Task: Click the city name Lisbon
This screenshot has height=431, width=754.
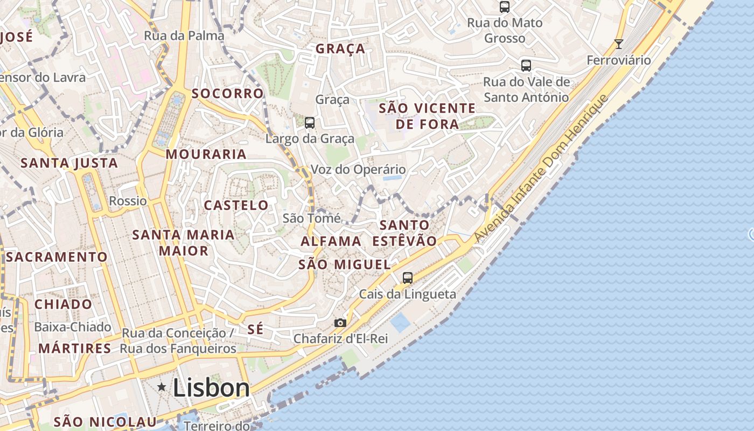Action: tap(211, 388)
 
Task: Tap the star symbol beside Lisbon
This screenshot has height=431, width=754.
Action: tap(162, 387)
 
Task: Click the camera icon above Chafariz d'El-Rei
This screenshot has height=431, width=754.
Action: tap(340, 323)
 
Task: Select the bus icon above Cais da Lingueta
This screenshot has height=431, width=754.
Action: tap(408, 278)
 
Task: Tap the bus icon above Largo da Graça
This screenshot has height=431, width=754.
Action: tap(310, 122)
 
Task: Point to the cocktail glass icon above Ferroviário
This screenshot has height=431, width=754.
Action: tap(619, 44)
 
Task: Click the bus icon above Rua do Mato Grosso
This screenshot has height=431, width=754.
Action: tap(505, 7)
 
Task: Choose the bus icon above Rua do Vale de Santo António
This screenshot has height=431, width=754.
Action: tap(526, 66)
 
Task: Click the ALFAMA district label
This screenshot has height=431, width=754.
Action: tap(331, 241)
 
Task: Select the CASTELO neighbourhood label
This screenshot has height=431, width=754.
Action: tap(236, 205)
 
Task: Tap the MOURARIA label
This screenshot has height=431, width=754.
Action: tap(206, 155)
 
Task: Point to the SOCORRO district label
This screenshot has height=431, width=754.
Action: tap(228, 93)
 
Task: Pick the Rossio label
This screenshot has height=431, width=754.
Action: tap(128, 201)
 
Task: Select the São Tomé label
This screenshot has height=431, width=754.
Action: tap(311, 218)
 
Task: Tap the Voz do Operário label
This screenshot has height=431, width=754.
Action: tap(358, 170)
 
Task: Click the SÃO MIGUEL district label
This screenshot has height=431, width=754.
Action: tap(345, 265)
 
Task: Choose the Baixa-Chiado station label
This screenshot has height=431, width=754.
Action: tap(73, 327)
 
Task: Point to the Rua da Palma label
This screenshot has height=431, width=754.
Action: tap(184, 36)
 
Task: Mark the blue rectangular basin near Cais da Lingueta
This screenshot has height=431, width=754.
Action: tap(400, 322)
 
